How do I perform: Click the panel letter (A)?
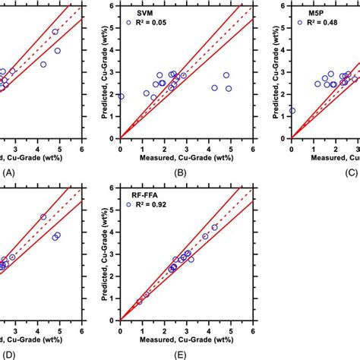tap(9, 172)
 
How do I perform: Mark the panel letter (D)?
tap(9, 354)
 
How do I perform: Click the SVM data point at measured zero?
tap(121, 96)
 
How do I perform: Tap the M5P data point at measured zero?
tap(292, 111)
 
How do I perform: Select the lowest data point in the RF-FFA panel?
tap(139, 302)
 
